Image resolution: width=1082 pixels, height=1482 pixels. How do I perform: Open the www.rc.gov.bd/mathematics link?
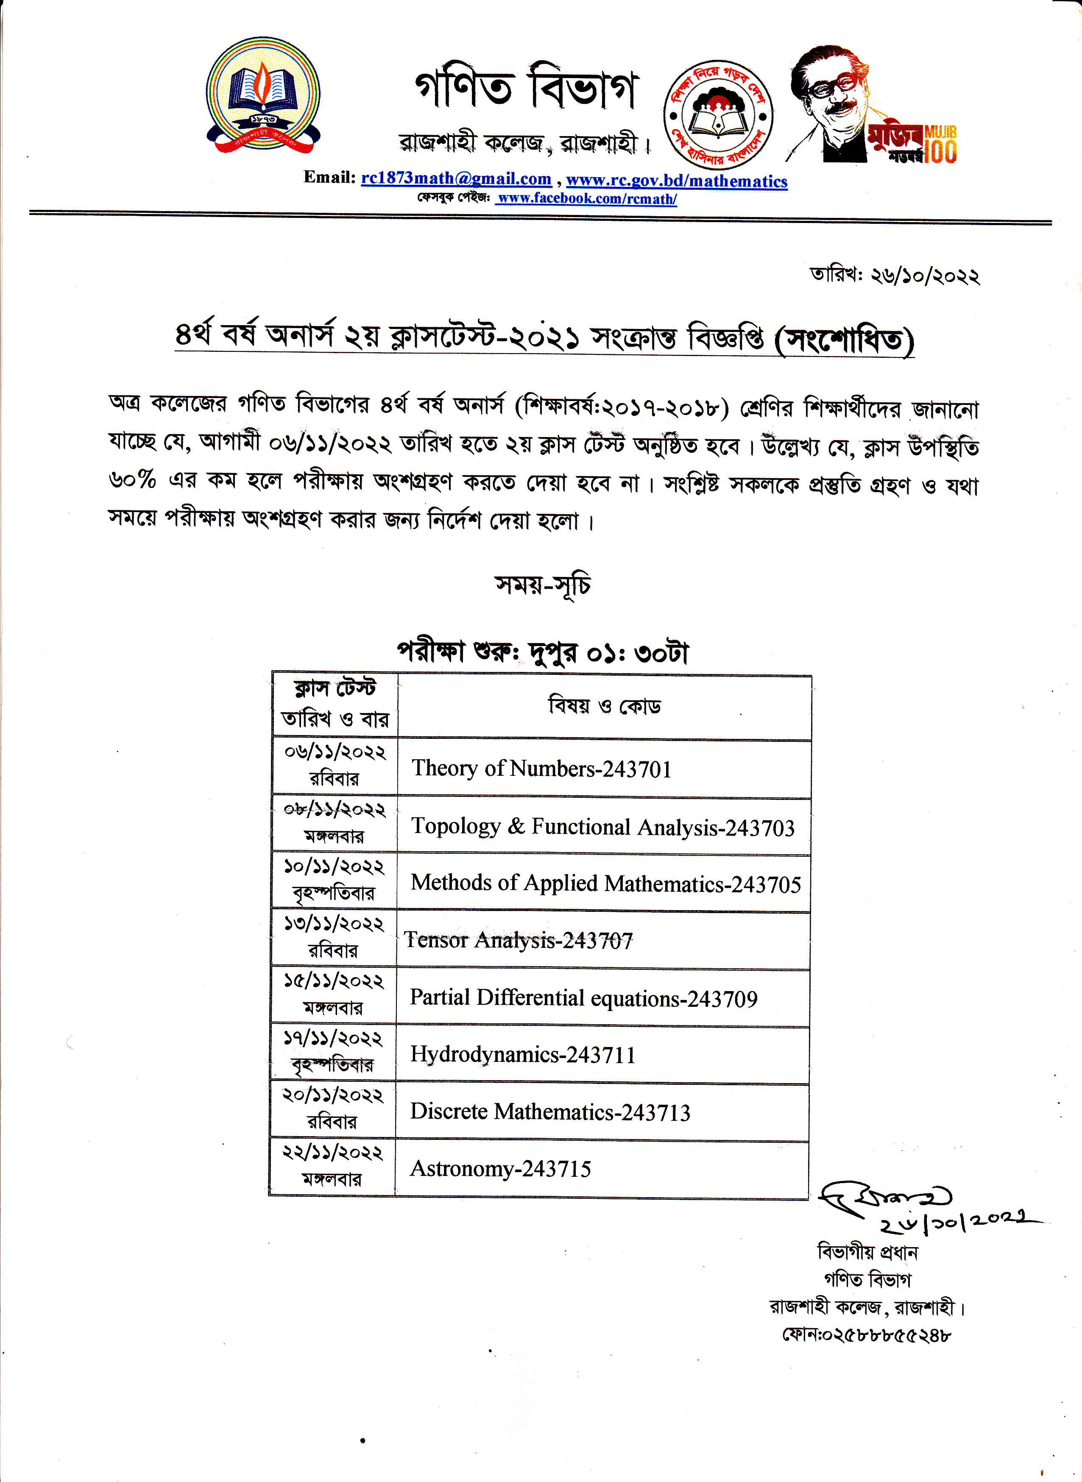coord(677,181)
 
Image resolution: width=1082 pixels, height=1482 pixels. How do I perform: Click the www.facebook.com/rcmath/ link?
coord(586,198)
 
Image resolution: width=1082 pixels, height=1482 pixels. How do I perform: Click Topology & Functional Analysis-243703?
coord(602,827)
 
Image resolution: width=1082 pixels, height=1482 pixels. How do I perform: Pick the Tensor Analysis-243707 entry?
coord(519,940)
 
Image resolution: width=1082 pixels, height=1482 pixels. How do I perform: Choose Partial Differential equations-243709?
coord(583,998)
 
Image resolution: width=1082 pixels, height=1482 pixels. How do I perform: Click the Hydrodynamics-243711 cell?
coord(523,1054)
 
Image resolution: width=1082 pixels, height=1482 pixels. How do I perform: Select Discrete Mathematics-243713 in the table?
coord(550,1112)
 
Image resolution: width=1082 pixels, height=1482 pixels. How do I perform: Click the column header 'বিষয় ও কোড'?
coord(604,706)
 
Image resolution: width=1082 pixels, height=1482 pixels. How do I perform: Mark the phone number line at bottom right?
coord(866,1334)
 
